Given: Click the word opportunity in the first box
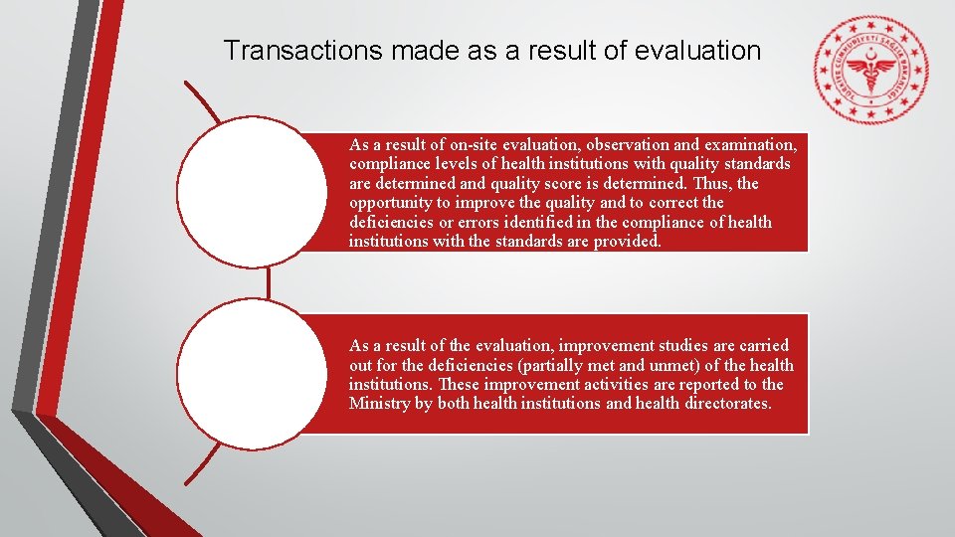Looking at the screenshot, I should pyautogui.click(x=389, y=202).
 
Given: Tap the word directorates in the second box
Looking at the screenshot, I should pyautogui.click(x=726, y=403).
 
